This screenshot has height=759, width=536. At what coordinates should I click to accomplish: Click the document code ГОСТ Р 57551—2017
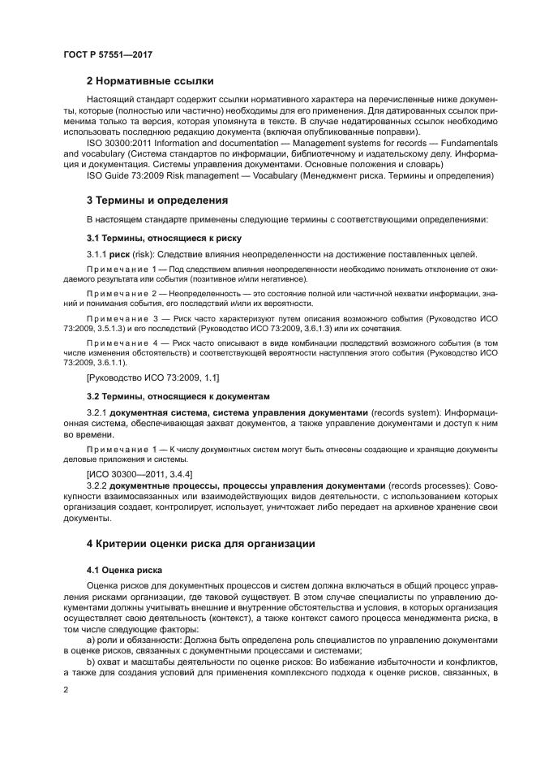tap(107, 54)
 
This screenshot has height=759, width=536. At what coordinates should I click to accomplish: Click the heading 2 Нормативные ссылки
tap(150, 80)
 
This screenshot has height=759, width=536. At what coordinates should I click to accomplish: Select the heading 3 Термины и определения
tap(157, 200)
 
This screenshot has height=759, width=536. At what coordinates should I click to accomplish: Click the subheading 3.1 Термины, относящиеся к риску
tap(164, 238)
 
